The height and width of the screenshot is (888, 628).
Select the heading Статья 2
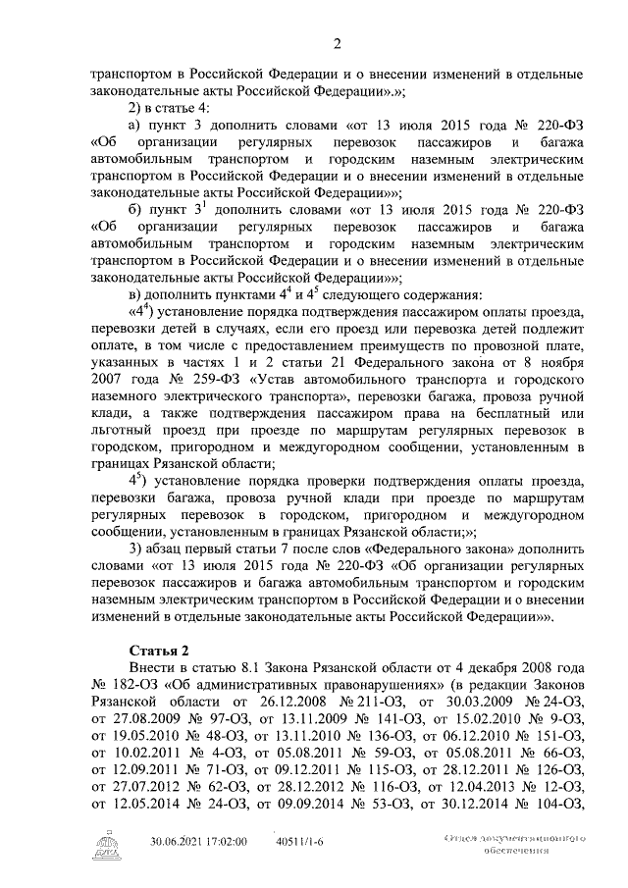pos(162,651)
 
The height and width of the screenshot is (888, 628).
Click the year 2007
pos(109,403)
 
